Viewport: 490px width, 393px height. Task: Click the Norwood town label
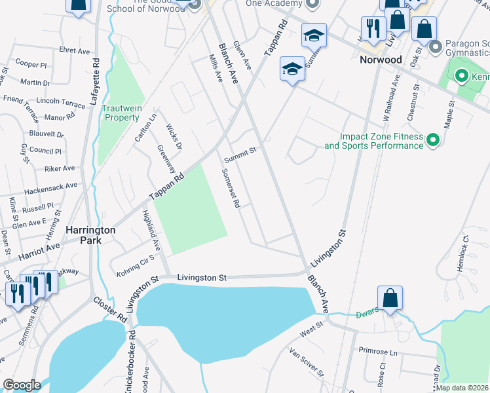click(x=380, y=59)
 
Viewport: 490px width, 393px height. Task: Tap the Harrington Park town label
click(x=90, y=236)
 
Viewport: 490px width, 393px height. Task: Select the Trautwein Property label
click(x=121, y=113)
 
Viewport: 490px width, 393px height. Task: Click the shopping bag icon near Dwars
click(x=390, y=298)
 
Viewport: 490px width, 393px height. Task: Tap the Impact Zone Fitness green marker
click(x=432, y=141)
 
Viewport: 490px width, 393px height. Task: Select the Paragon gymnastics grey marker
click(x=434, y=47)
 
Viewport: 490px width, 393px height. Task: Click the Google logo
click(x=22, y=384)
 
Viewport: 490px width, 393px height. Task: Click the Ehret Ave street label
click(x=74, y=50)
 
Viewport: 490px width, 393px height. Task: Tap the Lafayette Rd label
click(x=95, y=82)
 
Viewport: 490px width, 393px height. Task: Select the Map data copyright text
click(x=462, y=388)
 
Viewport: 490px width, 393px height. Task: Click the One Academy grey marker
click(x=312, y=3)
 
